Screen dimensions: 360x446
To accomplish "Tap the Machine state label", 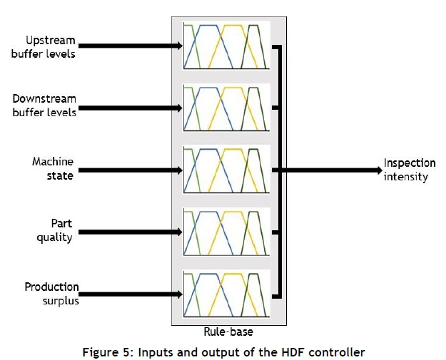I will pos(53,169).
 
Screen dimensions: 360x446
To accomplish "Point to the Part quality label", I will pos(55,231).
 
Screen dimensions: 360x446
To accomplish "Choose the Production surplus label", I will pos(51,293).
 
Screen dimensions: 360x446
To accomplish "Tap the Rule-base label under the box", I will pos(223,331).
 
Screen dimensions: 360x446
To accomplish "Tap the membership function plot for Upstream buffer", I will pos(225,46).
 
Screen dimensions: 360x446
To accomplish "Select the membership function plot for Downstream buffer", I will pos(225,108).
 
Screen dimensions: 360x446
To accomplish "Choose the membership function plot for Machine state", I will pos(225,170).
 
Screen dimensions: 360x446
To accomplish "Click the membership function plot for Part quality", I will pos(225,232).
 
